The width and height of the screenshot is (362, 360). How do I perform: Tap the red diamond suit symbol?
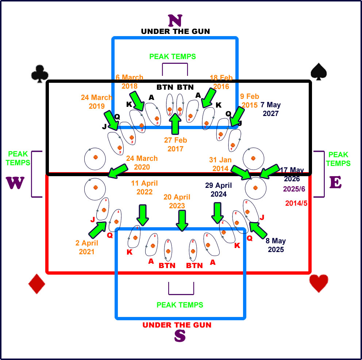36,283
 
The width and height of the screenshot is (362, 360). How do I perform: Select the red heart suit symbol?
319,283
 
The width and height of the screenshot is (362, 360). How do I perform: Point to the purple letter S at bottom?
180,336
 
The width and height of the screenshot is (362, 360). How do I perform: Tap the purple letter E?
336,182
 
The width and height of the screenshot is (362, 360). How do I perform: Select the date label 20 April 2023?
177,201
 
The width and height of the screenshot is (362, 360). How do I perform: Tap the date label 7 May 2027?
271,109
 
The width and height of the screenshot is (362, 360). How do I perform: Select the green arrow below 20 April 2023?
181,220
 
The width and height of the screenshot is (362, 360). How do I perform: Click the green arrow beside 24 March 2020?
118,170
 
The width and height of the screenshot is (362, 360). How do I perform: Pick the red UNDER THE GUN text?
177,325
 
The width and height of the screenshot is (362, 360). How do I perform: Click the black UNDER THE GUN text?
175,31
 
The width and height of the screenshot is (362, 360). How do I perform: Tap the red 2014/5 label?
297,203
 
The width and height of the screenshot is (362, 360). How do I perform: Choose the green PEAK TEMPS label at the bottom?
180,305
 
